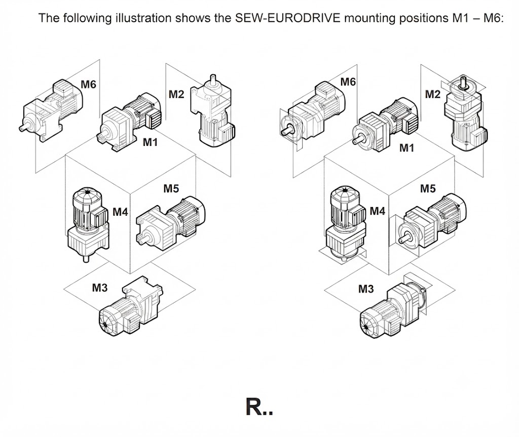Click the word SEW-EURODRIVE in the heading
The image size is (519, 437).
pos(288,18)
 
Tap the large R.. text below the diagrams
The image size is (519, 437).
pos(259,407)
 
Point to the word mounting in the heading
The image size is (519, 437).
pos(369,18)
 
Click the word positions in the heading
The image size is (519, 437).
pos(424,18)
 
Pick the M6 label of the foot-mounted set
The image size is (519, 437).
pos(88,85)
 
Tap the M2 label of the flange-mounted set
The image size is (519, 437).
pos(433,94)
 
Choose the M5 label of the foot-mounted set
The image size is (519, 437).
pos(171,188)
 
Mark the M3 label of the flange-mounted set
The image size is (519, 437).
pos(366,289)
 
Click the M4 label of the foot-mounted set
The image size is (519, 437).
pos(120,211)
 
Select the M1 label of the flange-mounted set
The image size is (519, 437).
pos(407,148)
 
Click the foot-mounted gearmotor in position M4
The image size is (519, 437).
pos(88,223)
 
